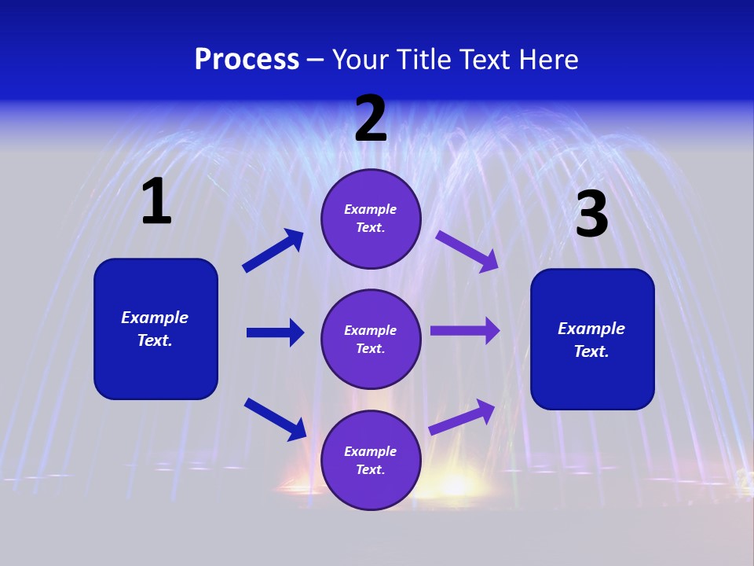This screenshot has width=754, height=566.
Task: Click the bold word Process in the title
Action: tap(247, 60)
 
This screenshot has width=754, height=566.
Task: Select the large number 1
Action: tap(156, 202)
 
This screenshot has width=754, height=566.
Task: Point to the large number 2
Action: tap(371, 119)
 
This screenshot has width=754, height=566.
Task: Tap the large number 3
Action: tap(591, 215)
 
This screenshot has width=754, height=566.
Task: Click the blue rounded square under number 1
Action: tap(156, 329)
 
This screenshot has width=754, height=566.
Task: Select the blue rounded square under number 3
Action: tap(592, 339)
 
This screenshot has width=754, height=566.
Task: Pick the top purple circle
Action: tap(371, 219)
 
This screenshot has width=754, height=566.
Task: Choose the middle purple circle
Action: tap(371, 339)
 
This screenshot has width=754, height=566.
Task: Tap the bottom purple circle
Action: tap(371, 460)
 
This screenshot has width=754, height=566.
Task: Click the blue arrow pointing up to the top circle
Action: tap(273, 251)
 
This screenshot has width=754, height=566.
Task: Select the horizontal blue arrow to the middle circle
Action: tap(275, 333)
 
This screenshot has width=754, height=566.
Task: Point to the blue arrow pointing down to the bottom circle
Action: tap(275, 419)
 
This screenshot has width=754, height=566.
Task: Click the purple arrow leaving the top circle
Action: tap(467, 252)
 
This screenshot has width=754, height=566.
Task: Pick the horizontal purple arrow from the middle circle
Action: tap(465, 331)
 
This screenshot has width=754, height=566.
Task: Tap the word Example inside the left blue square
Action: tap(155, 318)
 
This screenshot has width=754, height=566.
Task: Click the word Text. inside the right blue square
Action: tap(591, 351)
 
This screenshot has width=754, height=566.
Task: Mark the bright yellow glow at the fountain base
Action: tap(454, 483)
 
